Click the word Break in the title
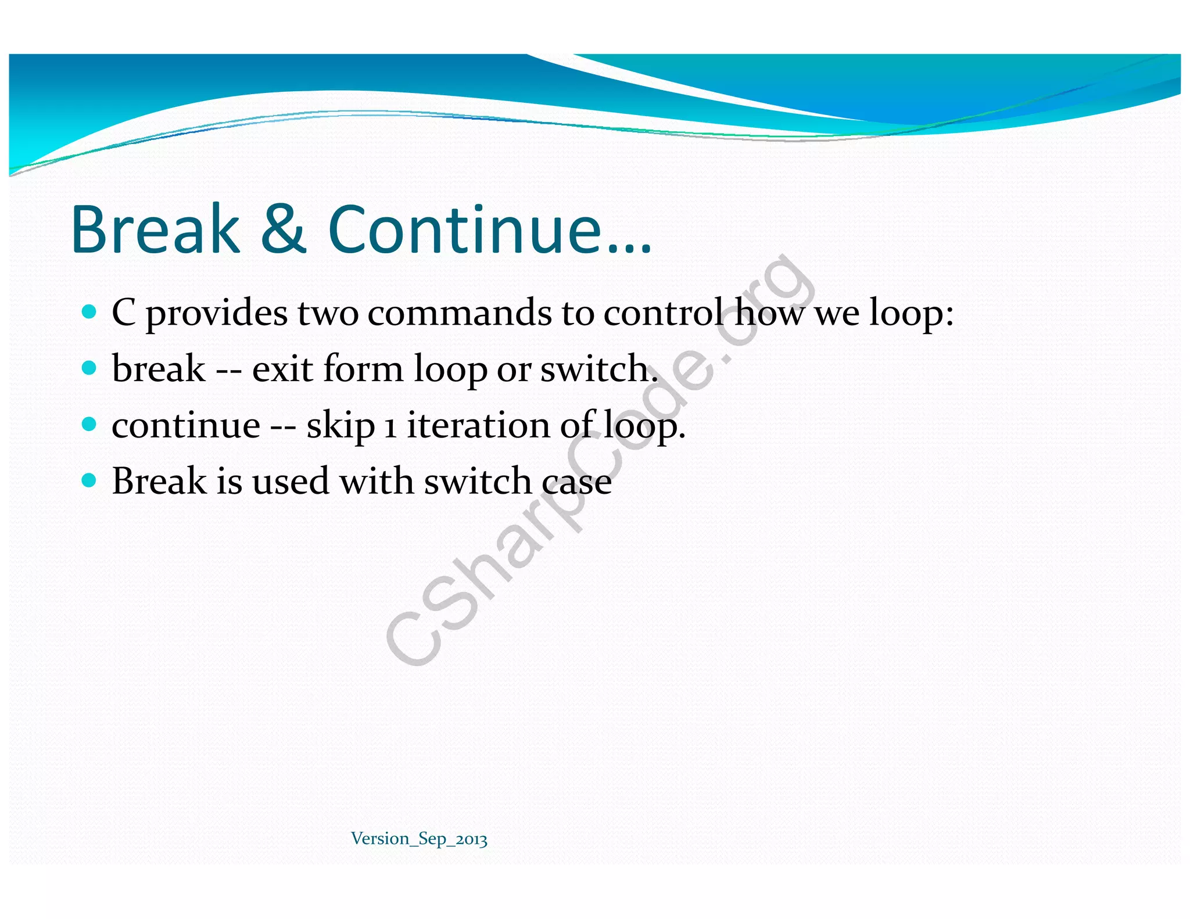156,229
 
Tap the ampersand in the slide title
283,229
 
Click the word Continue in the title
465,229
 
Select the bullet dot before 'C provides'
89,312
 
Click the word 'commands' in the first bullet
460,313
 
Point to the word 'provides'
216,314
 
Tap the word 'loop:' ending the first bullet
911,314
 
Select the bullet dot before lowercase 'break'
89,368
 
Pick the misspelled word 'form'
363,369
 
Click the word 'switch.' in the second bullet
598,369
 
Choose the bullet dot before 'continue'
89,424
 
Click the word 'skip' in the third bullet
340,426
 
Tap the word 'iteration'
478,425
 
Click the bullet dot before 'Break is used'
89,480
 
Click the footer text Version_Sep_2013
419,839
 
